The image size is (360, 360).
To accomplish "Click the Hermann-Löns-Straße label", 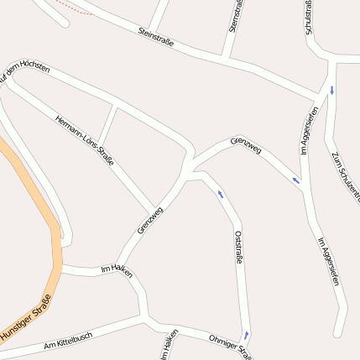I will (84, 138).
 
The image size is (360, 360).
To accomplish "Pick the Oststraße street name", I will (238, 248).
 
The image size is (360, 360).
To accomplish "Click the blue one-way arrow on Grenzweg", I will (295, 180).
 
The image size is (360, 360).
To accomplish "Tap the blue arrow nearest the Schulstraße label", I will (331, 90).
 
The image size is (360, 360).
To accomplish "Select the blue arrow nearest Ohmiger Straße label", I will (247, 334).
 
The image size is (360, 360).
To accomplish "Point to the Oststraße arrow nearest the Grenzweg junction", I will (221, 194).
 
